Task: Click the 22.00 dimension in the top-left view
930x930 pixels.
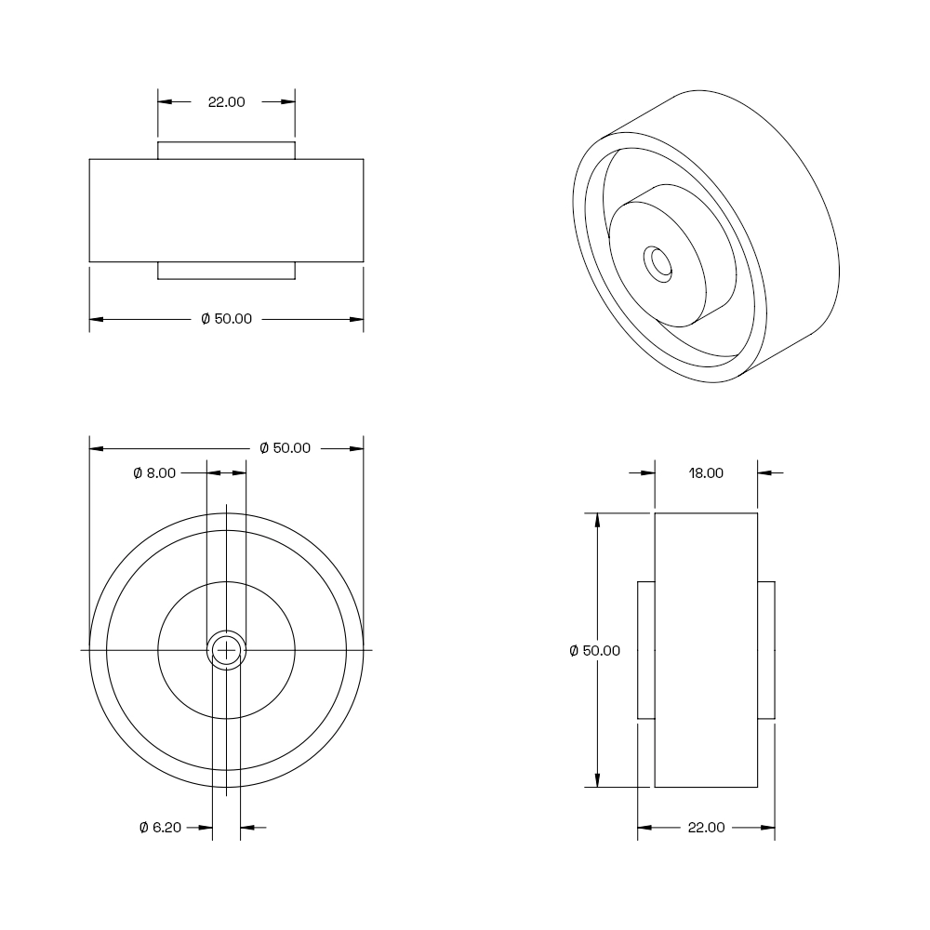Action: (226, 102)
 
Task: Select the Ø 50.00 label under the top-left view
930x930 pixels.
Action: (227, 319)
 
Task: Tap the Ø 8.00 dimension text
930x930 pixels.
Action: (154, 473)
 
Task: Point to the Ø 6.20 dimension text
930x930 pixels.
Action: (160, 828)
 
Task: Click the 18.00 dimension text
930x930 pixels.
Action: (706, 473)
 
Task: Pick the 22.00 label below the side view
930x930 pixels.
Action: (707, 828)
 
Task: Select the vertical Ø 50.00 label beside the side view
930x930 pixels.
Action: (595, 651)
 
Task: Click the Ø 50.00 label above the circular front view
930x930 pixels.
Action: (286, 448)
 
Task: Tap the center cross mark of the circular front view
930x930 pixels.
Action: (227, 651)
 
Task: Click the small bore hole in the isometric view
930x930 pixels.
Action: (658, 264)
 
